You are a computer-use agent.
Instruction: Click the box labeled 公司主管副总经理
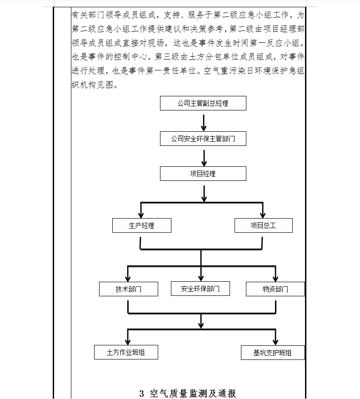(203, 103)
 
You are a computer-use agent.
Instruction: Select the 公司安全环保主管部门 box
(203, 139)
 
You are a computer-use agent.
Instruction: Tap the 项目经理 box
(203, 174)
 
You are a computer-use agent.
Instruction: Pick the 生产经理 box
(142, 225)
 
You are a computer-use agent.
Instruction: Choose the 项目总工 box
(264, 225)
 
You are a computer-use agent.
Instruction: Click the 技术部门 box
(129, 289)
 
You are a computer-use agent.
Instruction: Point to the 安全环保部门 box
(200, 289)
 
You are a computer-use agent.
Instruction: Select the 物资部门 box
(275, 289)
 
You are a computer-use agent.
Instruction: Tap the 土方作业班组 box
(126, 352)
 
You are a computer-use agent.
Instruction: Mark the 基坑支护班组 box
(273, 353)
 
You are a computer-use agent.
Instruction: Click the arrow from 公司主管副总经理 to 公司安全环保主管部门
(204, 122)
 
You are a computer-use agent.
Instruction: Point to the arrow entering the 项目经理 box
(204, 158)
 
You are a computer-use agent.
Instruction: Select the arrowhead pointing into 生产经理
(141, 215)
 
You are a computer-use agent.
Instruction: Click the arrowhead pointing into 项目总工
(263, 215)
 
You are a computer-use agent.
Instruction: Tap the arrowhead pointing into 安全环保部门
(201, 278)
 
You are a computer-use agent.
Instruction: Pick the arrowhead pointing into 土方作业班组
(128, 341)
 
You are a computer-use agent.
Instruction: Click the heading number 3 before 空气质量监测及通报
(142, 394)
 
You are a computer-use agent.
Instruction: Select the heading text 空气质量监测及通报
(193, 394)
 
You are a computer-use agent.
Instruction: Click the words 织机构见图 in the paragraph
(92, 85)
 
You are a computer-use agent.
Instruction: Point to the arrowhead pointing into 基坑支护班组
(275, 342)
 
